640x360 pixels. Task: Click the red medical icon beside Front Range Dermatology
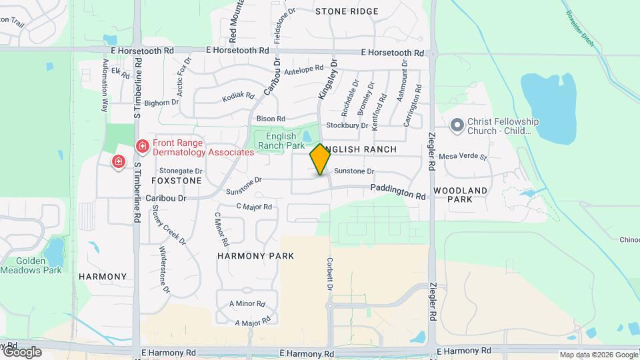coord(141,145)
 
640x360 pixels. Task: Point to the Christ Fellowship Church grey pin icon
coord(457,125)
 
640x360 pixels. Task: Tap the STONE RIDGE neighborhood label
coord(347,11)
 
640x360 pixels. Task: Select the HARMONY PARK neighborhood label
coord(255,256)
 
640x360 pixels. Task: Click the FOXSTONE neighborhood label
coord(176,181)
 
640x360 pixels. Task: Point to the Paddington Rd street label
coord(398,193)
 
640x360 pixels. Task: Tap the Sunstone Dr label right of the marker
coord(354,171)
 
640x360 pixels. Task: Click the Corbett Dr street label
coord(329,274)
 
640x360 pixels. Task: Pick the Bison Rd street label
coord(271,119)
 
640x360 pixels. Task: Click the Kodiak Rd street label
coord(238,97)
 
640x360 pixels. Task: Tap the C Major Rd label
coord(254,207)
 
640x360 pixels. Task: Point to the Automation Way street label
coord(105,85)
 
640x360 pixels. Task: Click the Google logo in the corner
coord(21,351)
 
